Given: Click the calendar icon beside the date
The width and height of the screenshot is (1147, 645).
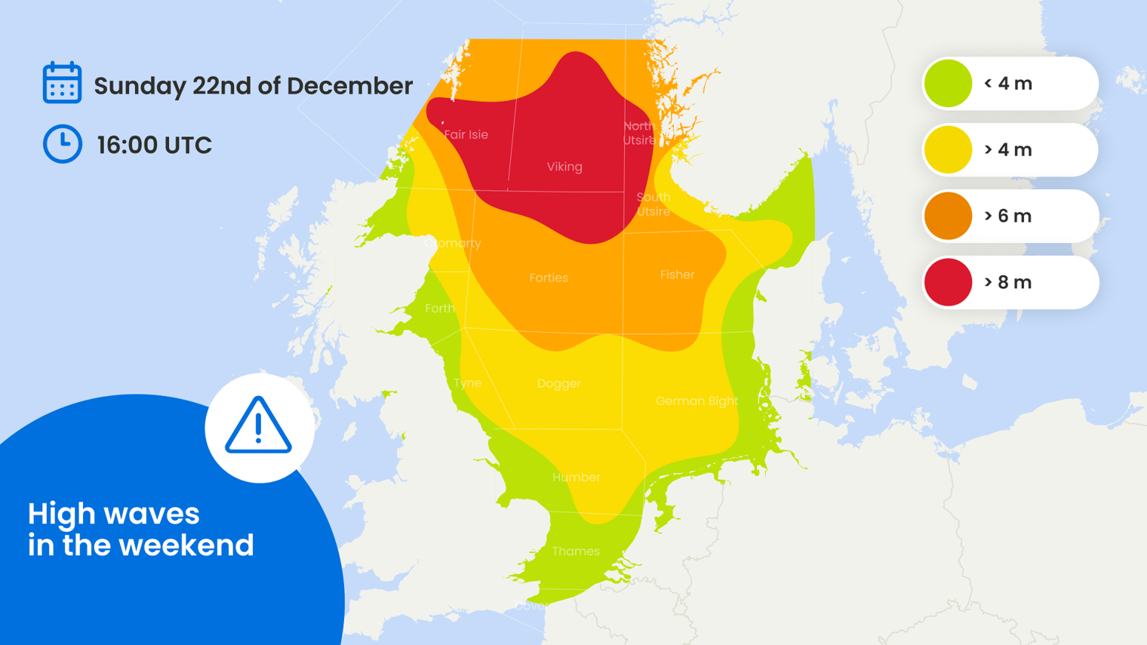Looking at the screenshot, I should tap(62, 82).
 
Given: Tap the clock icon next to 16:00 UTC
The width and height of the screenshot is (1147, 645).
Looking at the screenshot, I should tap(62, 143).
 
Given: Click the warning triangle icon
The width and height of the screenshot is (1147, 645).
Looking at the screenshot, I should tap(258, 426).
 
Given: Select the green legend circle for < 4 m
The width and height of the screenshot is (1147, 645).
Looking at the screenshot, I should tap(948, 84).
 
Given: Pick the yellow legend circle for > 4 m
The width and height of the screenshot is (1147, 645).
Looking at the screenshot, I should tap(948, 150).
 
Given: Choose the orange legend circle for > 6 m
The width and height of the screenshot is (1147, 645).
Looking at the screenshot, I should tap(948, 217).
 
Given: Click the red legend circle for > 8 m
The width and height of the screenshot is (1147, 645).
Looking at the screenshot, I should tap(948, 282).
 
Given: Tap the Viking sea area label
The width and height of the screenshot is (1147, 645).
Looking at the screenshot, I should tap(564, 167).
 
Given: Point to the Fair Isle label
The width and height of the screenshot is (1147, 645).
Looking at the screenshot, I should tap(466, 135).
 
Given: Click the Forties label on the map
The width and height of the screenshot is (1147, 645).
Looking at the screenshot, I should tap(549, 278).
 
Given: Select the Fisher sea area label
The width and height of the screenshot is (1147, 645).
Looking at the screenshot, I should tap(677, 275).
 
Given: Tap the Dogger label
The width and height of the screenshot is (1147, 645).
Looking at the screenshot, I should tap(559, 384).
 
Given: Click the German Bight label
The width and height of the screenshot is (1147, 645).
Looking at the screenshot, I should tap(697, 401).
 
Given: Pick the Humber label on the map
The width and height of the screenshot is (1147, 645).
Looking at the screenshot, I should tap(577, 478).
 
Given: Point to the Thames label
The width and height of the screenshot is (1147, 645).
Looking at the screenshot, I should tap(576, 551).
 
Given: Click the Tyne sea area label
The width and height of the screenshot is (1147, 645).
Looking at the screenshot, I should tap(468, 383).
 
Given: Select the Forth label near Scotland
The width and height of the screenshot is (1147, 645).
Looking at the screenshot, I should tap(440, 309).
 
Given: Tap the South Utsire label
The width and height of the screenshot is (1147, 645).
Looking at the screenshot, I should tap(653, 204).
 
